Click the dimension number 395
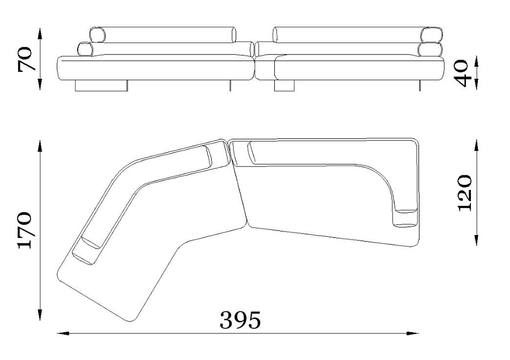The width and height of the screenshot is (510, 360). click(240, 320)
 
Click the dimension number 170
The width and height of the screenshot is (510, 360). click(25, 230)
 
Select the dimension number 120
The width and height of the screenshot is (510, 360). click(464, 193)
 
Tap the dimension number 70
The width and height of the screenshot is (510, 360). click(25, 59)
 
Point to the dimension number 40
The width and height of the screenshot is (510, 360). click(462, 73)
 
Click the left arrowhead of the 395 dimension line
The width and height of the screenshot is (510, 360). click(63, 333)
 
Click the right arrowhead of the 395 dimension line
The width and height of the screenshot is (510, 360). click(412, 333)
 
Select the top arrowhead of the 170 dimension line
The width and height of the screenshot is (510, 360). click(40, 146)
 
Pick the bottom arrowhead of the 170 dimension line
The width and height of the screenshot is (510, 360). click(40, 314)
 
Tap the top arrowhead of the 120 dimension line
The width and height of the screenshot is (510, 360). click(476, 146)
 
